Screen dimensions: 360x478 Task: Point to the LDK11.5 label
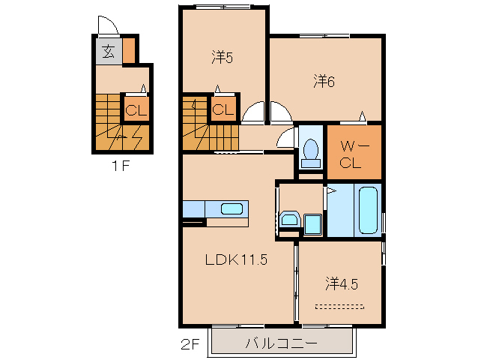click(237, 260)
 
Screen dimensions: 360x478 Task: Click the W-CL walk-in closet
click(353, 153)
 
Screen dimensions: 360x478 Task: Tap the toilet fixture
click(309, 152)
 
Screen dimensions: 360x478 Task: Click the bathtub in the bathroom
click(368, 211)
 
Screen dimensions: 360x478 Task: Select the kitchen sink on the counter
click(231, 208)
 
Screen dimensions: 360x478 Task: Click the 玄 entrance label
click(108, 52)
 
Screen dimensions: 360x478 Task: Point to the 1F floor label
click(121, 166)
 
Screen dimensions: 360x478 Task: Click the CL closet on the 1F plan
click(136, 111)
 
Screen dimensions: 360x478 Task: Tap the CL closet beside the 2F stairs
click(223, 109)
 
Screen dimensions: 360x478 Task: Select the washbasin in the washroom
click(290, 220)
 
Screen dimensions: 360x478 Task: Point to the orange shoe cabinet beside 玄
click(129, 52)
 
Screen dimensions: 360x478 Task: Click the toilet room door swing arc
click(285, 139)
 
